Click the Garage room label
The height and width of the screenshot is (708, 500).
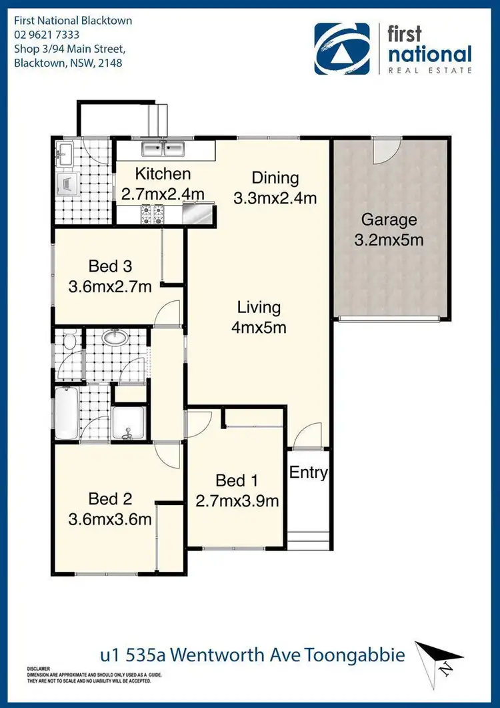coord(389,220)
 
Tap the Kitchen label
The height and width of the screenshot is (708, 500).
coord(163,175)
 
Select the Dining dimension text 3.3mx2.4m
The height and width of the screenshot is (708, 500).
coord(275,198)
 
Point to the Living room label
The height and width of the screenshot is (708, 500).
coord(259,308)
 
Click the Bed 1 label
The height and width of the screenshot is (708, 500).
coord(236,480)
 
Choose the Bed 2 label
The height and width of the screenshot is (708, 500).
coord(110,498)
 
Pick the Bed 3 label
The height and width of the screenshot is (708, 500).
coord(110,267)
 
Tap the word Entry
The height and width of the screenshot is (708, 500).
coord(308,473)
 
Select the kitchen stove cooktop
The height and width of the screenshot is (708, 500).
coord(151,214)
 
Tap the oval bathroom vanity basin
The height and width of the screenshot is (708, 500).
coord(117,338)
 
